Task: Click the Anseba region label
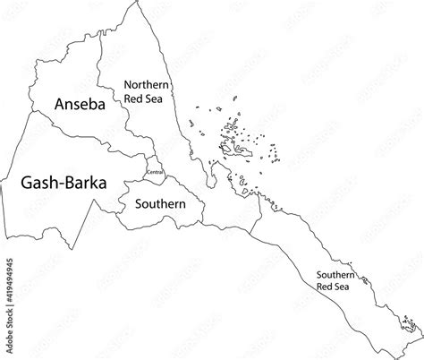[79, 104]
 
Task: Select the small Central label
[154, 170]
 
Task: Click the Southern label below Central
[160, 204]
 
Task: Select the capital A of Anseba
[60, 104]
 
